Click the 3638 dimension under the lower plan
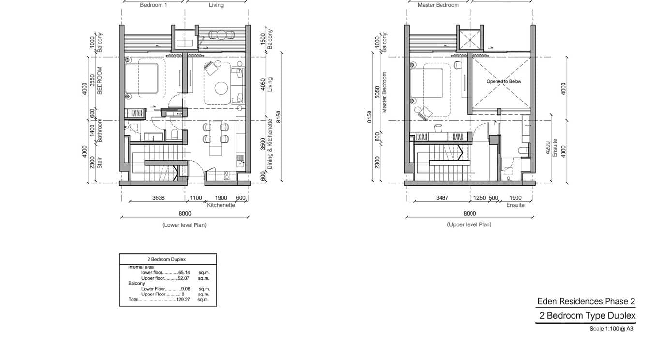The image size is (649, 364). tap(159, 198)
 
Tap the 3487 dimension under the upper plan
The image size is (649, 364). tap(442, 198)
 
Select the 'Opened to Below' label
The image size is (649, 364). tap(504, 81)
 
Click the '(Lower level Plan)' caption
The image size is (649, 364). tap(184, 225)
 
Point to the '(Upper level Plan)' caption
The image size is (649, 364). tap(469, 224)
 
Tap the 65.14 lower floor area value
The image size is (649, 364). tap(184, 272)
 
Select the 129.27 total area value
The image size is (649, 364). tap(183, 299)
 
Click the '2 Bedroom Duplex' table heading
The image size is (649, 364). tap(166, 259)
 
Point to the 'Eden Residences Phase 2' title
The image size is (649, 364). tap(586, 301)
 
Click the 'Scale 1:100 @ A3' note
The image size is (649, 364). tap(611, 329)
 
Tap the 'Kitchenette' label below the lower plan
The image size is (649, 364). tap(221, 205)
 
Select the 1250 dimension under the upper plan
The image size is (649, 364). tap(480, 198)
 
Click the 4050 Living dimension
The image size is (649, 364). tap(263, 84)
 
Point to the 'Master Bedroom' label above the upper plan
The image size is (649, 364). tap(438, 5)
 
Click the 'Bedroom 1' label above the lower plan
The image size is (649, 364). tap(153, 5)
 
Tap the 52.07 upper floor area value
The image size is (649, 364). tap(184, 278)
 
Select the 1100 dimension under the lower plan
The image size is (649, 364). tap(196, 198)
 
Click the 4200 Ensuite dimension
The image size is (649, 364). tap(547, 147)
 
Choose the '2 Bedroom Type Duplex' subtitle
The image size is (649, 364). tap(587, 315)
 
